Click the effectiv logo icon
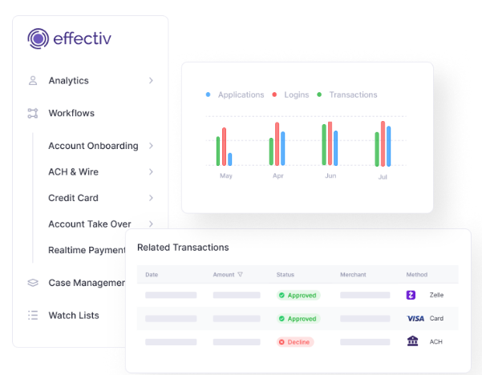[x=38, y=38]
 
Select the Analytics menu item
[x=68, y=81]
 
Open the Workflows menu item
[x=71, y=113]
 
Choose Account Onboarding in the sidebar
[x=92, y=146]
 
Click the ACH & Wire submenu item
[x=73, y=171]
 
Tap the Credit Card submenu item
[x=73, y=198]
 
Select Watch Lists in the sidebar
[x=73, y=315]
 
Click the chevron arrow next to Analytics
[x=151, y=81]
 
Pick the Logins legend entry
[x=296, y=95]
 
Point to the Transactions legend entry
[x=352, y=95]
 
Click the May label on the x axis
[x=226, y=175]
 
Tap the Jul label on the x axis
[x=383, y=175]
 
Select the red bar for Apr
[x=277, y=144]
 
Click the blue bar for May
[x=230, y=159]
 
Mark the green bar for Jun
[x=324, y=145]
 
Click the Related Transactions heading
[x=183, y=248]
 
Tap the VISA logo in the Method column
[x=415, y=318]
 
